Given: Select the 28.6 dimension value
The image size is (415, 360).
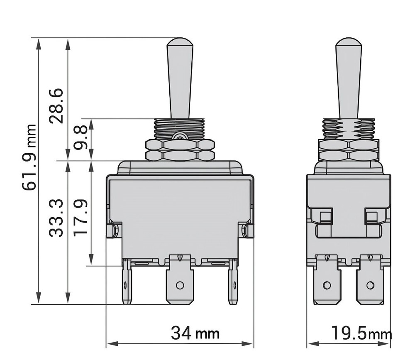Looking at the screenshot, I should (x=56, y=106).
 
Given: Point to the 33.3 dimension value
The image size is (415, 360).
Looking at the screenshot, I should (x=56, y=218).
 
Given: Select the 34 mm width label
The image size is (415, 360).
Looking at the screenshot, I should (x=195, y=333).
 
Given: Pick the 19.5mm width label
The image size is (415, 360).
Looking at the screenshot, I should (x=360, y=333).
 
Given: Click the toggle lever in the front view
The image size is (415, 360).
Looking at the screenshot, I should (x=180, y=77).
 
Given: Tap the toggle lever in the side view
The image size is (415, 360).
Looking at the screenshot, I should (x=348, y=77).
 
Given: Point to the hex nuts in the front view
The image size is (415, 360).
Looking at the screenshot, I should (x=180, y=150).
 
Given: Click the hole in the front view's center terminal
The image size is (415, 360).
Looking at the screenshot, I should (x=180, y=285).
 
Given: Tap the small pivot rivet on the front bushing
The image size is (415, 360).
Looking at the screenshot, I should (x=179, y=136).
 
